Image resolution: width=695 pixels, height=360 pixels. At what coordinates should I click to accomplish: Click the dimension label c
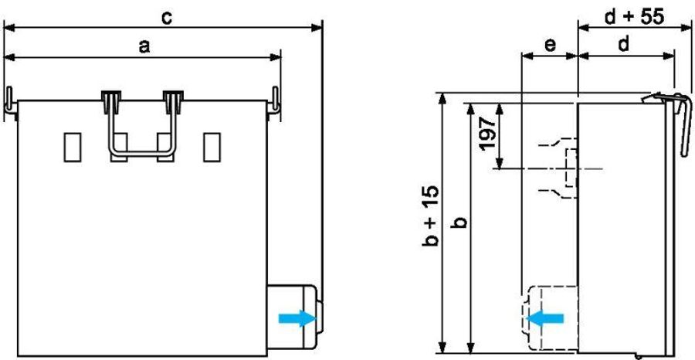(167, 19)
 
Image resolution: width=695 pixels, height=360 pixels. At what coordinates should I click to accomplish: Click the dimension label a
(144, 46)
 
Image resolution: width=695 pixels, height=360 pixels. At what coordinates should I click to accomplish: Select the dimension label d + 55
(635, 17)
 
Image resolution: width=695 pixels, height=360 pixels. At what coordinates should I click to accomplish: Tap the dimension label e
(550, 46)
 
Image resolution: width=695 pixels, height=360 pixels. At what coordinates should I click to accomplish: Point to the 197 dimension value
(487, 134)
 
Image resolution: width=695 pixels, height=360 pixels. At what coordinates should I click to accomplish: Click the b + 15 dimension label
(430, 216)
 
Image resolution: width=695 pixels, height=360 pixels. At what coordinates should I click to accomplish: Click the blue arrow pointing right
(297, 318)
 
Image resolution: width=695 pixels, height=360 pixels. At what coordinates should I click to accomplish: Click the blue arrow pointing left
(544, 318)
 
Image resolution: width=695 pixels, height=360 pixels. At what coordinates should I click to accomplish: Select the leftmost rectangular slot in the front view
(73, 148)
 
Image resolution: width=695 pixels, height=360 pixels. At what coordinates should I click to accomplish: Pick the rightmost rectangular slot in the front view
(212, 148)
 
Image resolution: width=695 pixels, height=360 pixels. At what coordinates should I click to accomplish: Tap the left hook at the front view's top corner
(10, 102)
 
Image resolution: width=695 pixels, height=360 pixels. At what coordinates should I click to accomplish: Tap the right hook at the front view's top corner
(274, 103)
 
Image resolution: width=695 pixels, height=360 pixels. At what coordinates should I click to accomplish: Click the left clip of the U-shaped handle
(111, 101)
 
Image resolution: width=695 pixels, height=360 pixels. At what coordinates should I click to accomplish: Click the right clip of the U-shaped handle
(173, 101)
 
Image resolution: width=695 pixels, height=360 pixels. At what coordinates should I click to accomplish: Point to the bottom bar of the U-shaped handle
(142, 154)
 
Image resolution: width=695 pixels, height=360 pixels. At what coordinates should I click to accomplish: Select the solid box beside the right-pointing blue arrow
(292, 317)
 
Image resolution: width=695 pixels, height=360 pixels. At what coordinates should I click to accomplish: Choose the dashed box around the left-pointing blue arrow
(550, 318)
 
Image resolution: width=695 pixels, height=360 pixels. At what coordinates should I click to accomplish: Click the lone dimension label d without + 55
(624, 44)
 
